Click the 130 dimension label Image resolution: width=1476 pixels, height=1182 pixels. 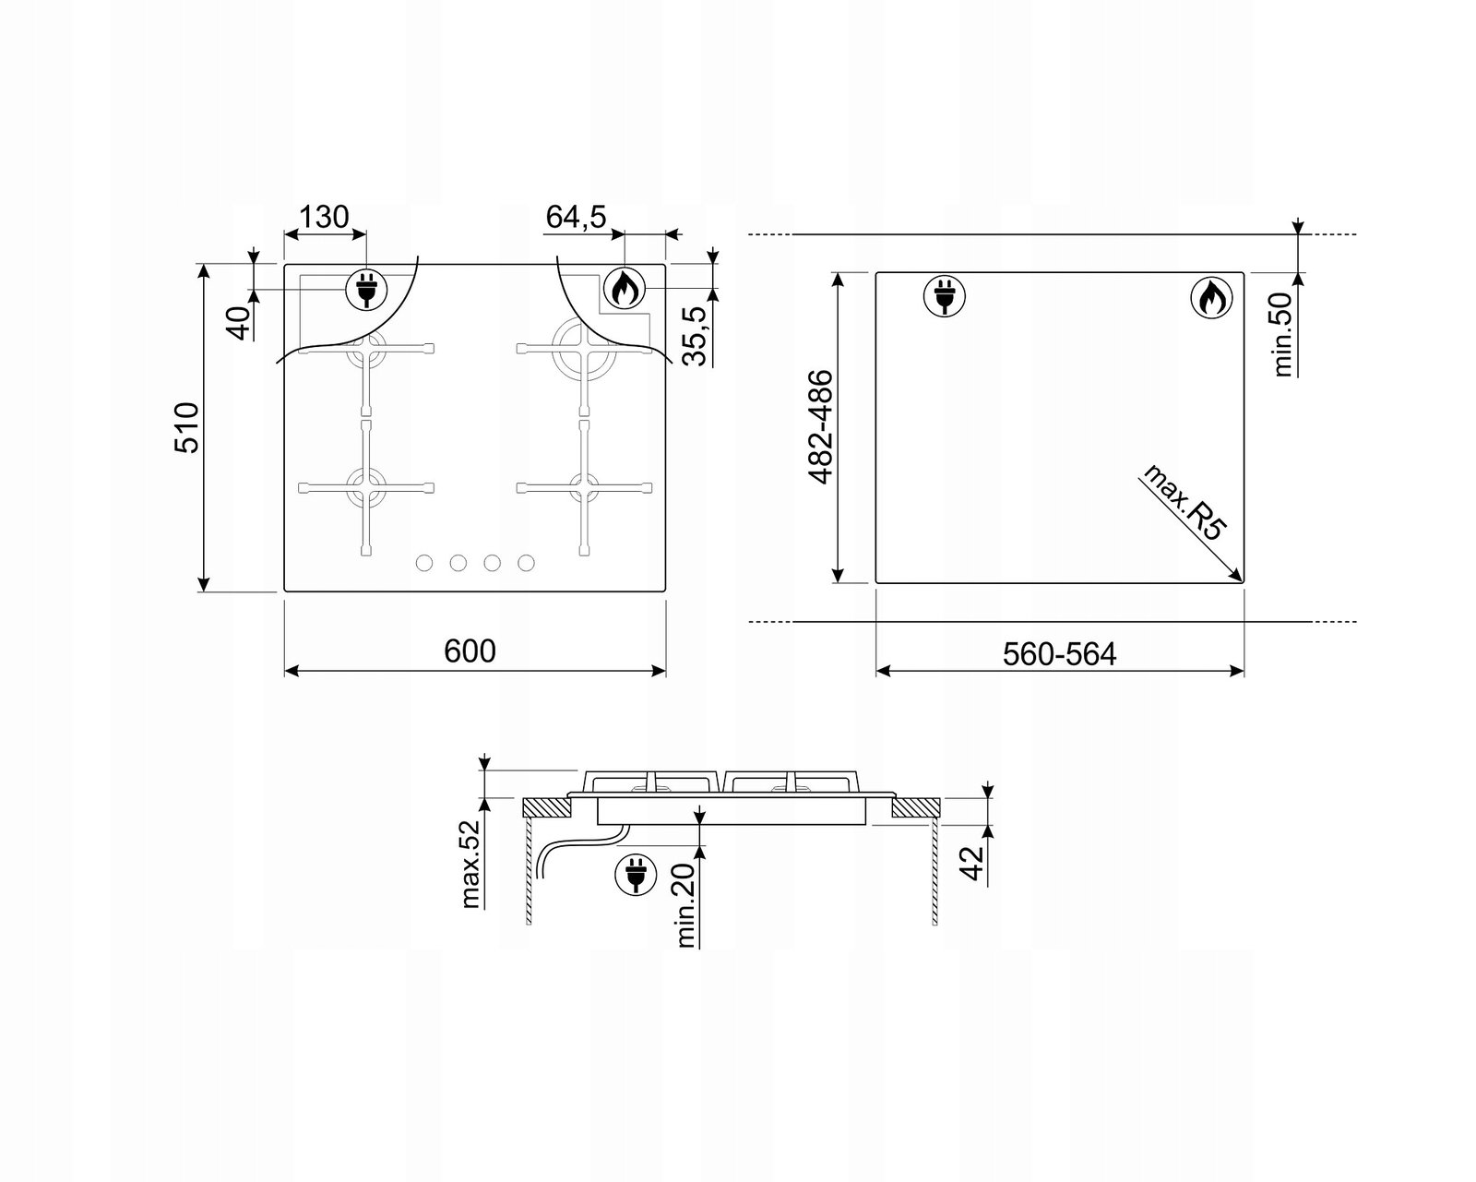point(324,217)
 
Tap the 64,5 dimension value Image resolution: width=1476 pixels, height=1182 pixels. point(577,217)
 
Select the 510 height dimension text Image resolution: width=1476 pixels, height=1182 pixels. point(186,427)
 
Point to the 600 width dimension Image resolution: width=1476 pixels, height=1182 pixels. point(470,651)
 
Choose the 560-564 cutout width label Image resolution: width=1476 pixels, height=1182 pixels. point(1060,654)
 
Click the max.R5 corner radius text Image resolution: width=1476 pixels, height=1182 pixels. point(1183,502)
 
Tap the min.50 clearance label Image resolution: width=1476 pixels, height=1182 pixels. point(1282,334)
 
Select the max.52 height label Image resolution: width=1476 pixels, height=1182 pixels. point(470,865)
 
